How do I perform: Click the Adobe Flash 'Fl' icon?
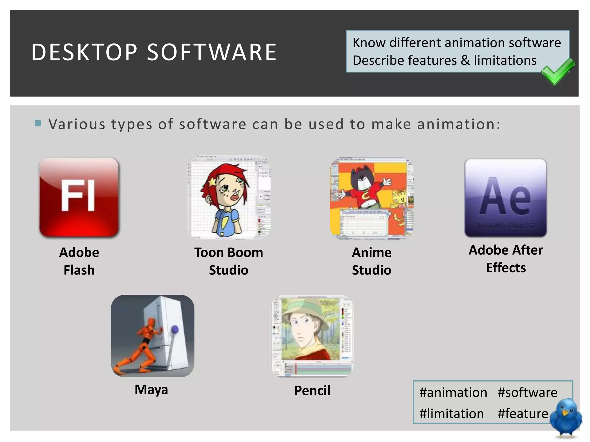click(79, 197)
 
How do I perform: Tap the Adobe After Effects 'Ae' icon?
click(506, 198)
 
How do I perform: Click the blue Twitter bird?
click(566, 417)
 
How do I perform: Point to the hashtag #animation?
click(453, 393)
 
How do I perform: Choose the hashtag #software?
click(527, 393)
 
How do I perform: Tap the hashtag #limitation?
click(451, 414)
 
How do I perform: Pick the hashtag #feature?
click(523, 414)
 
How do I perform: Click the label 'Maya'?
click(151, 390)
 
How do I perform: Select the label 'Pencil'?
click(312, 390)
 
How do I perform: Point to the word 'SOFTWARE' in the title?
click(212, 52)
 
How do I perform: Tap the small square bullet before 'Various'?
click(38, 123)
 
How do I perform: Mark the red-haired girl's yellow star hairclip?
click(213, 181)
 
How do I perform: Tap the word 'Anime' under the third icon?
click(372, 252)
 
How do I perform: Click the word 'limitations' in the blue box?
click(505, 60)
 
